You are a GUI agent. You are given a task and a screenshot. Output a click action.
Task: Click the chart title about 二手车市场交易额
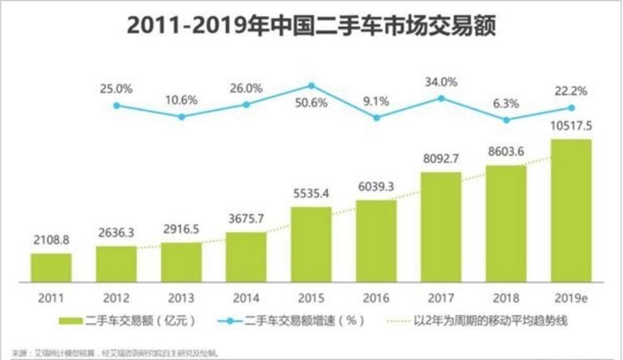(x=311, y=27)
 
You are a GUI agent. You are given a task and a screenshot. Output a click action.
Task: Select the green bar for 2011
(x=51, y=267)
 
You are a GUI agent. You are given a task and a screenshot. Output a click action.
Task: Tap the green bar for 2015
(x=311, y=244)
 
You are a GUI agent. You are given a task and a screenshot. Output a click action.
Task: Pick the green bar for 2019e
(x=571, y=210)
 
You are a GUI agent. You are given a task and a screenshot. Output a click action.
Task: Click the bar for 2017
(x=441, y=227)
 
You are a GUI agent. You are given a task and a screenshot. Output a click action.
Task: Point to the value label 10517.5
(x=571, y=126)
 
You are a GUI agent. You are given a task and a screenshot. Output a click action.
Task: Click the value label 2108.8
(x=51, y=241)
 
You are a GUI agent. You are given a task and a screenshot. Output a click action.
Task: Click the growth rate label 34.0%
(x=441, y=82)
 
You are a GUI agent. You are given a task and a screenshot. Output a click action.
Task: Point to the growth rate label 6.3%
(x=506, y=103)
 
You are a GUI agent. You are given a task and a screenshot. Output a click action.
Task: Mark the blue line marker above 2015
(x=311, y=86)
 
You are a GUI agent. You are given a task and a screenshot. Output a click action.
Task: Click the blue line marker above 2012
(x=117, y=105)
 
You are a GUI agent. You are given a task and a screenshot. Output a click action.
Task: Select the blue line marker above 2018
(x=506, y=119)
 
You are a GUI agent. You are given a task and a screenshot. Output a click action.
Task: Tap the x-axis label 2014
(x=246, y=298)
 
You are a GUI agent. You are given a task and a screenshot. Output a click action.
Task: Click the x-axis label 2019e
(x=571, y=298)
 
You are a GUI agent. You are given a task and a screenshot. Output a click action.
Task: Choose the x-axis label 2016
(x=376, y=298)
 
